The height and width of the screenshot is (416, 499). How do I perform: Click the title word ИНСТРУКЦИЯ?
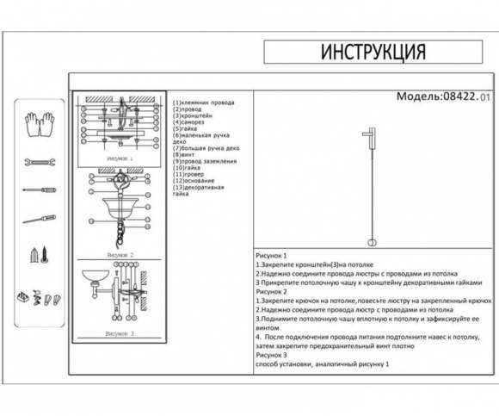[x=373, y=52]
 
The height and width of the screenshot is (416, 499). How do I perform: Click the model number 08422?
[x=459, y=98]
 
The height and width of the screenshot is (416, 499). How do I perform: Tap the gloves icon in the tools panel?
[x=39, y=124]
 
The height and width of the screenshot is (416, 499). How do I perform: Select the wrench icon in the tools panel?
[x=39, y=161]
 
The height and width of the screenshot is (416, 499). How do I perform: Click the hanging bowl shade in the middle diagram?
[x=120, y=207]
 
